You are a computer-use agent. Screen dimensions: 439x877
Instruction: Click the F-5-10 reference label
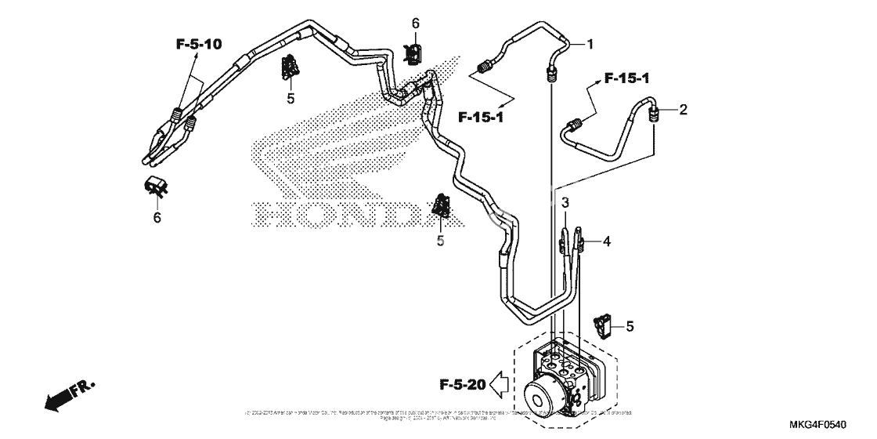point(199,45)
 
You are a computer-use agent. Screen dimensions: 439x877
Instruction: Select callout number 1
point(590,45)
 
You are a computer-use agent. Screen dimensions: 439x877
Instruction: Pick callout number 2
point(683,110)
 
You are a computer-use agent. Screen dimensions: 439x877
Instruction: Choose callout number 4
point(606,241)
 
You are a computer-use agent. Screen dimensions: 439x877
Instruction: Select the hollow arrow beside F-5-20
point(499,384)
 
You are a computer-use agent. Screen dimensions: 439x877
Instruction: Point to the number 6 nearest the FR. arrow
point(157,217)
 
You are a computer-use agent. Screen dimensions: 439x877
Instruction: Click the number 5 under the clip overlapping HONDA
point(440,241)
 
